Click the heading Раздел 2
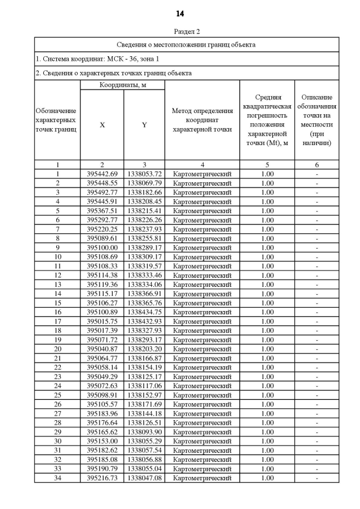187,31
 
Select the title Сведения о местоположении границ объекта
187,44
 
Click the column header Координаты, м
123,85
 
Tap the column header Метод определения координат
202,120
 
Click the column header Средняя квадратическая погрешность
267,120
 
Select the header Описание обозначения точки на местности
317,120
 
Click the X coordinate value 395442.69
102,174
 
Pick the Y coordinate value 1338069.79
144,183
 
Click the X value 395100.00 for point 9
102,247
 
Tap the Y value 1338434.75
144,312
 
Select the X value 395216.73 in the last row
102,478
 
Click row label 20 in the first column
57,349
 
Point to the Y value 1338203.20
144,349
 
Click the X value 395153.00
102,441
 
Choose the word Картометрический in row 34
202,478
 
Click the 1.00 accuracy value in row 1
267,174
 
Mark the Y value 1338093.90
144,432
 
